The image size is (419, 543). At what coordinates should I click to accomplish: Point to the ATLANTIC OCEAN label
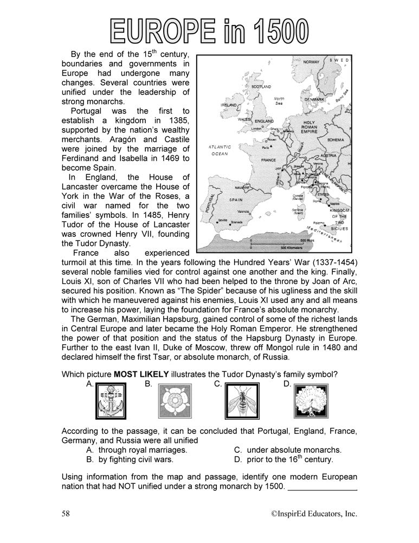point(220,150)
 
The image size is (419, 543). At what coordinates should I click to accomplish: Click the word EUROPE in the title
point(166,31)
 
